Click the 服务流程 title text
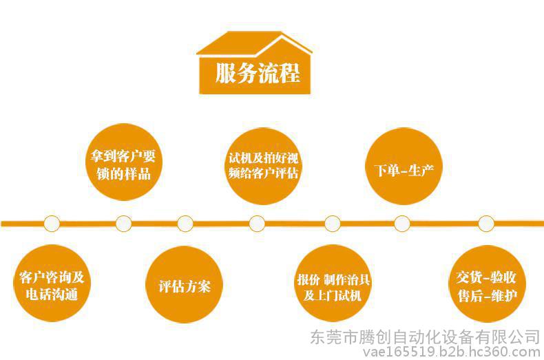258,73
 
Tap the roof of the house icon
254,43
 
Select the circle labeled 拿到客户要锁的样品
123,162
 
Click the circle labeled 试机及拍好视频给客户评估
263,166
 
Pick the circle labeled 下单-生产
404,166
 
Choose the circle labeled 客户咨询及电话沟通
52,283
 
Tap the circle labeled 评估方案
185,284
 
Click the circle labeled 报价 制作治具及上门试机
333,283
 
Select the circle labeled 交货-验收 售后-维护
487,284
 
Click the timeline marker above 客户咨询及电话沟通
52,223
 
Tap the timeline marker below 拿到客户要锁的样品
123,223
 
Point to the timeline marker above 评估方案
185,223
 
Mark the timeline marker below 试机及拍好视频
257,223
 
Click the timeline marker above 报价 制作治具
333,223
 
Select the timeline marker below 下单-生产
401,223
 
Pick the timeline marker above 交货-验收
486,223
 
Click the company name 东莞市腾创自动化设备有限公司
426,337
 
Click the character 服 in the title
226,73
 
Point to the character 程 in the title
290,73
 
